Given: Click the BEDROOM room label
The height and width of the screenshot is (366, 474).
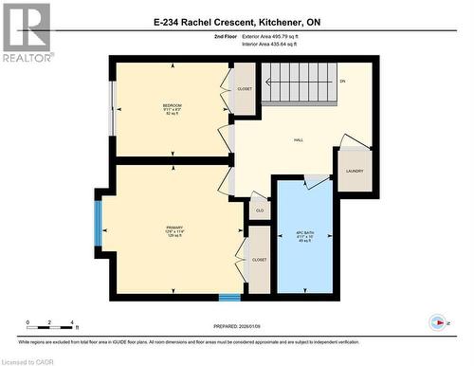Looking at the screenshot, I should coord(172,105).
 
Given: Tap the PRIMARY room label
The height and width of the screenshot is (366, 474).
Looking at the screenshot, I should coord(174,229).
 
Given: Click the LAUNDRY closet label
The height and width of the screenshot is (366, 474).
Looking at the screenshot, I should coord(355,172).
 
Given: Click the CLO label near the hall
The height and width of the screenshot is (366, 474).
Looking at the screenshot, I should coord(260,210).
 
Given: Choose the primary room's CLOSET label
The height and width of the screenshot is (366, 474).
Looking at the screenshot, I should coord(259,259).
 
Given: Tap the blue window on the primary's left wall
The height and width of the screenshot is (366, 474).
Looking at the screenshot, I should coord(98,222).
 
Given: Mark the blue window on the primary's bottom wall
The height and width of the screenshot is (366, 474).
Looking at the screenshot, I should coord(229,298).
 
